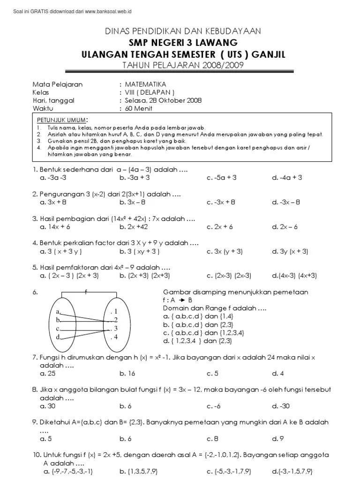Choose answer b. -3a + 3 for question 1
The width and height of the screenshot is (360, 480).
135,178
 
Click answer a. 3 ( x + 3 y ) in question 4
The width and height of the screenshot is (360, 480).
61,251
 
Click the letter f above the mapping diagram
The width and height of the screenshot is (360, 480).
86,291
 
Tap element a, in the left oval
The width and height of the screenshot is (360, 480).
59,311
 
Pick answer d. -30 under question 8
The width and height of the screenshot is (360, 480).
281,406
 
